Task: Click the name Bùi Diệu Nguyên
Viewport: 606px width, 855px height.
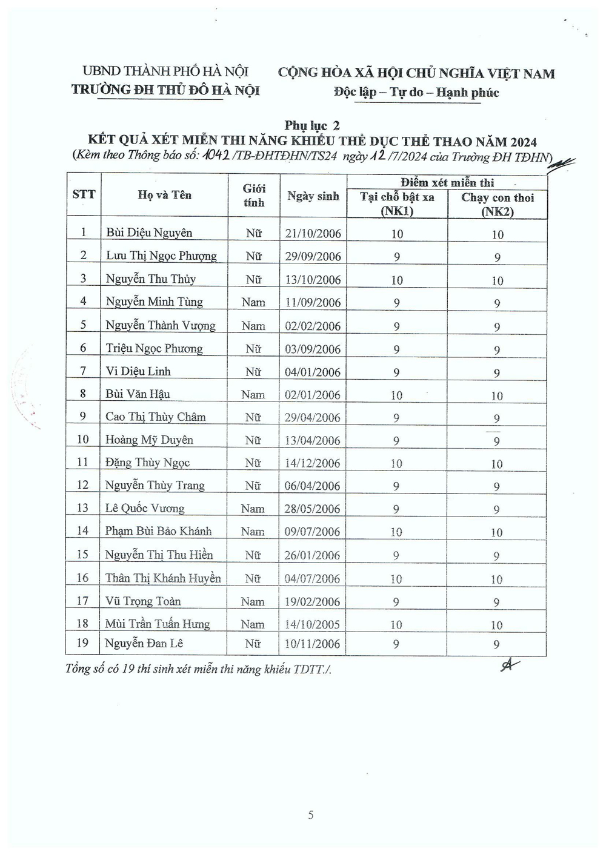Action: point(149,233)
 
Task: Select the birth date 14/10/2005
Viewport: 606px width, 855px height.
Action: point(313,624)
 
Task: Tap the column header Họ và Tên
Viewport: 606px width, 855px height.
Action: point(164,195)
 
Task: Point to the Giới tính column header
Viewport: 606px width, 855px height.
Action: point(254,196)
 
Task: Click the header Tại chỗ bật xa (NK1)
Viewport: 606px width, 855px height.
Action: point(397,204)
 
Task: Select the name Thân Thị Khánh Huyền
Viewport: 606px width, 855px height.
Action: point(162,578)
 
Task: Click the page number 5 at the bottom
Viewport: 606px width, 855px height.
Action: point(311,815)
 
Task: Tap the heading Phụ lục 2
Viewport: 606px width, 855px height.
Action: point(312,126)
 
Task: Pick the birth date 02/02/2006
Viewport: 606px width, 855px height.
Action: point(313,326)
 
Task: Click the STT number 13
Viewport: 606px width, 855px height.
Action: point(82,508)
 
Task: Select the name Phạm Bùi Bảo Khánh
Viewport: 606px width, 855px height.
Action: point(158,531)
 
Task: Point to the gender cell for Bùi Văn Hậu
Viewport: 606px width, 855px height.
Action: point(253,395)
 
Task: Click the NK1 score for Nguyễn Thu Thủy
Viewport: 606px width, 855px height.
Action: point(396,280)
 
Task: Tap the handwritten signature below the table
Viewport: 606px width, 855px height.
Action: point(510,665)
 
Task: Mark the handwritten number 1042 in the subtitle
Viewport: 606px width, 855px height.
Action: point(214,156)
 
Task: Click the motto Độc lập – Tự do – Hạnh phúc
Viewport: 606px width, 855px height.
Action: point(416,93)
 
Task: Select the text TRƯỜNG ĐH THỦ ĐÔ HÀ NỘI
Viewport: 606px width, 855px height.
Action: point(165,90)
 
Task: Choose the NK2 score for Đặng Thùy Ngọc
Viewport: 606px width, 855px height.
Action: point(497,464)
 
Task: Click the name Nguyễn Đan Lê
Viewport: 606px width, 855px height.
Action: point(144,643)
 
